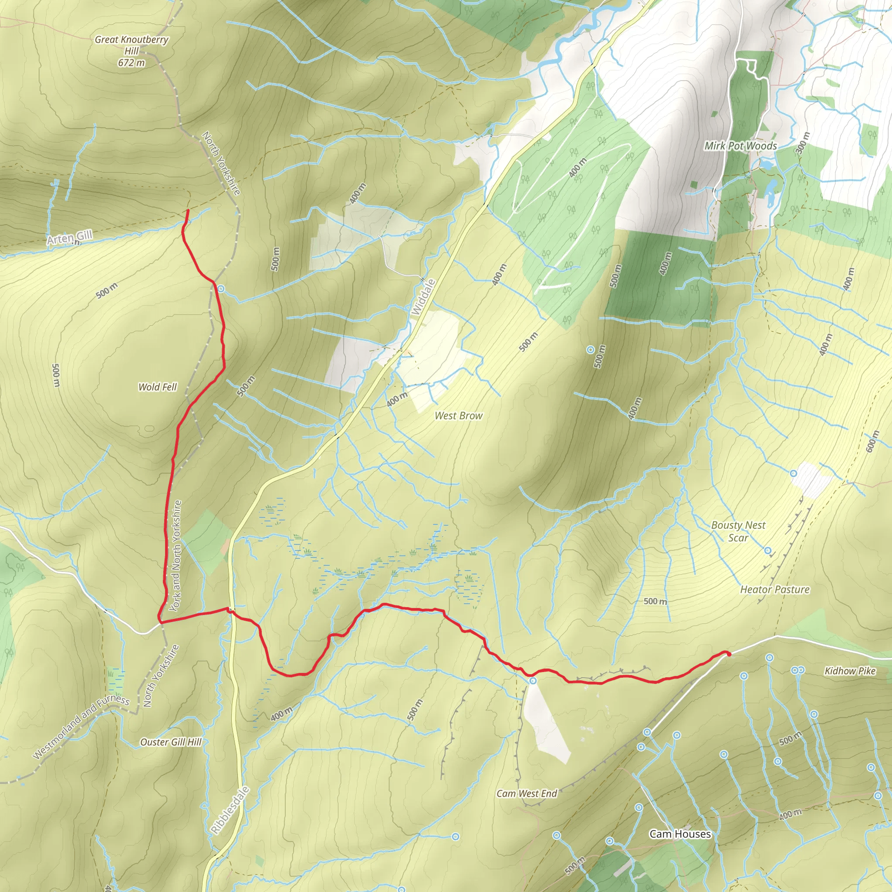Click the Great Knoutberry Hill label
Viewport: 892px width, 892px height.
(132, 45)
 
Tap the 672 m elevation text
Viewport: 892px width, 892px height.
(132, 63)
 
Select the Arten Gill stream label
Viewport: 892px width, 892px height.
(70, 238)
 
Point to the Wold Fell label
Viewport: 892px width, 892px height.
(157, 387)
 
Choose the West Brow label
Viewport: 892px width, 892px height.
(459, 416)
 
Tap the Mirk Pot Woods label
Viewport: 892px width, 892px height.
(740, 146)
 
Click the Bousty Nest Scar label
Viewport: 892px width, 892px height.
(738, 531)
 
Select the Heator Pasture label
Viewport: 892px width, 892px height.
(775, 590)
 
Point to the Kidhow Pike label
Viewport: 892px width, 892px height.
(850, 671)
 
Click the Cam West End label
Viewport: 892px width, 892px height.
(527, 793)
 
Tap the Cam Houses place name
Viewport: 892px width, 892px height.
(680, 834)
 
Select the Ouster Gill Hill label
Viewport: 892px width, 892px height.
(171, 742)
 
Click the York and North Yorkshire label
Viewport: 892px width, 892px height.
(176, 556)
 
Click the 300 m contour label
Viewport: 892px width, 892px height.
(803, 143)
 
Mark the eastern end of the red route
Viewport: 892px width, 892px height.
(729, 654)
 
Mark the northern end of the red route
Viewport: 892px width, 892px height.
(187, 210)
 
